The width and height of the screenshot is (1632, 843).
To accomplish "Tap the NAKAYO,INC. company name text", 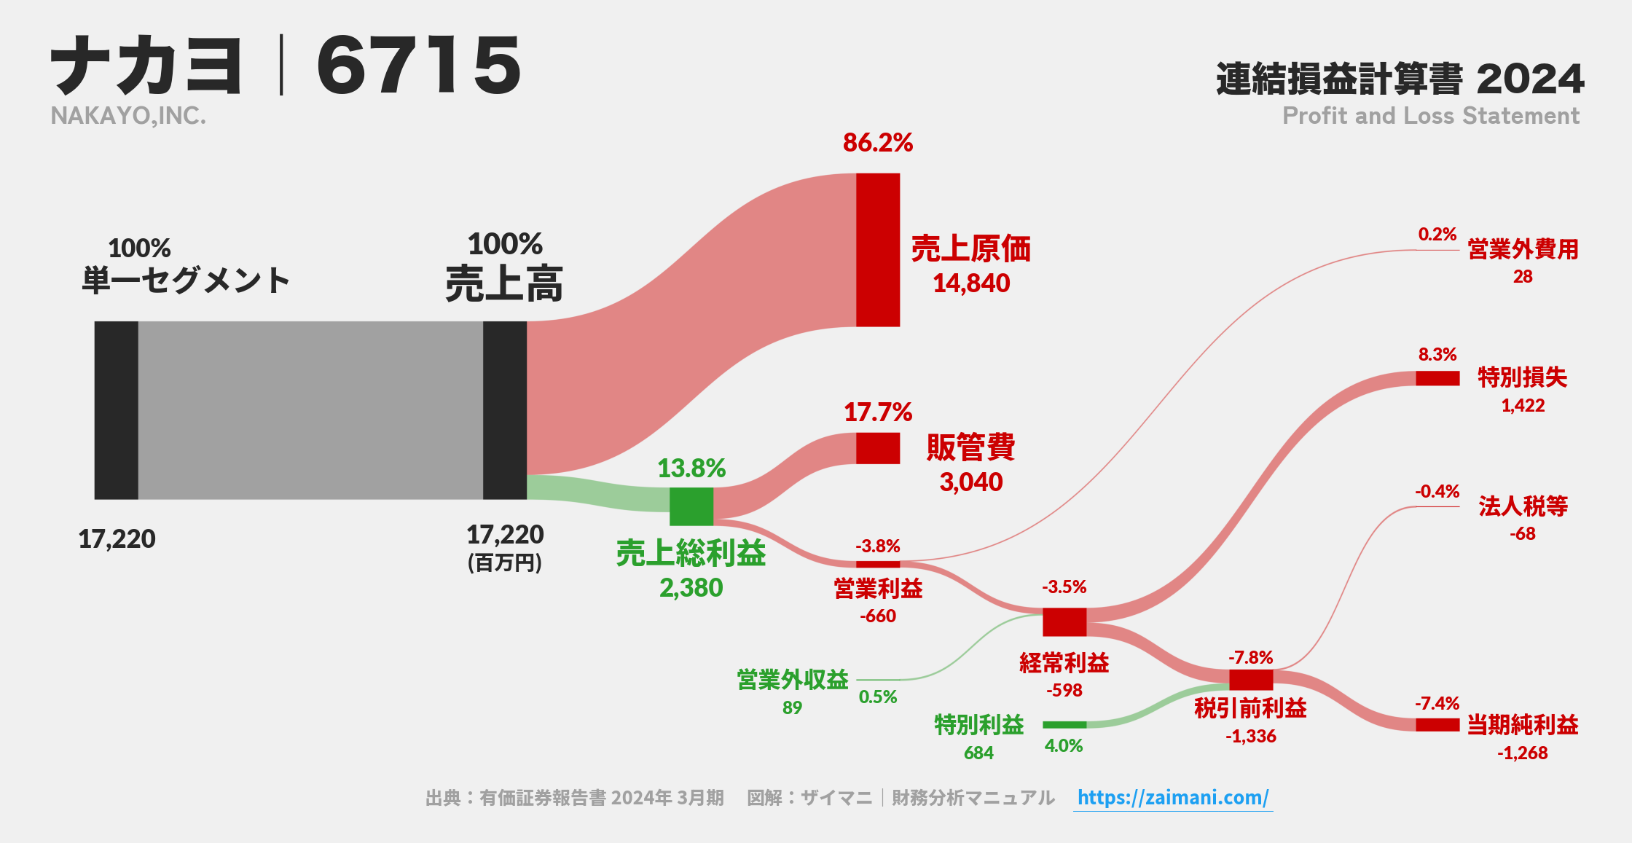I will click(128, 116).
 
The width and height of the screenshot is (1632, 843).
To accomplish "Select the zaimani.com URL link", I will click(1172, 797).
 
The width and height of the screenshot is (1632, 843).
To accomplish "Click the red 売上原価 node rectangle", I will click(878, 250).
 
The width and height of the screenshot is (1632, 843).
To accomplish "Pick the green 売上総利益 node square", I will click(691, 506).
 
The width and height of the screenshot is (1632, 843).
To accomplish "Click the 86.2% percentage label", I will click(877, 143).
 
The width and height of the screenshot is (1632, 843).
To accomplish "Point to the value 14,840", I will click(971, 283).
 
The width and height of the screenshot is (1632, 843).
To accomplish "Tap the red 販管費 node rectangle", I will click(878, 448).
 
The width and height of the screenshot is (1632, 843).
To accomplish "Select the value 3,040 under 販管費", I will click(970, 482).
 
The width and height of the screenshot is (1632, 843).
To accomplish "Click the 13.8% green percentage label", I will click(691, 468).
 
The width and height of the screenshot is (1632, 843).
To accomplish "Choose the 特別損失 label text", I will click(1522, 377).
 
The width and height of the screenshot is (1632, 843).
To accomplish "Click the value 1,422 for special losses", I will click(1522, 406).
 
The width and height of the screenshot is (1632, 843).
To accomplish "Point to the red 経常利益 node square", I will click(1064, 622).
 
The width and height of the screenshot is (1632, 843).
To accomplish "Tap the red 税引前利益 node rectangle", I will click(1251, 680).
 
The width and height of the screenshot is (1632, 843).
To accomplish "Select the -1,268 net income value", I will click(1522, 753).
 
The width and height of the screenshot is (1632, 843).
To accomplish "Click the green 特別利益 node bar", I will click(1064, 725).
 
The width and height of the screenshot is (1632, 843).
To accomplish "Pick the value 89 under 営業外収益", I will click(792, 707).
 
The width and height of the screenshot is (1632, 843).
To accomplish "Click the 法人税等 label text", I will click(1523, 506).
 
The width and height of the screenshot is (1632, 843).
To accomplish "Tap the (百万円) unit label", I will click(505, 563).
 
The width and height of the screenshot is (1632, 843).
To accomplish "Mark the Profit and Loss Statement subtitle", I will click(1430, 116).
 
